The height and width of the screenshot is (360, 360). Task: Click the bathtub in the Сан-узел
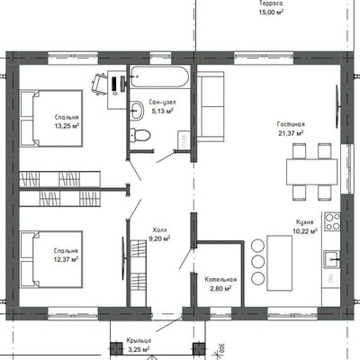click(160, 76)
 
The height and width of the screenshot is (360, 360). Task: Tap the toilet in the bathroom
click(139, 135)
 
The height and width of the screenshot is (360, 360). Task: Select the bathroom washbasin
click(137, 110)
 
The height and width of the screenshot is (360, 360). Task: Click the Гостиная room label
click(291, 124)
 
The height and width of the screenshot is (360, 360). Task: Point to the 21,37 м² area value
click(291, 133)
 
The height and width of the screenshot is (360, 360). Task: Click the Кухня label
click(305, 222)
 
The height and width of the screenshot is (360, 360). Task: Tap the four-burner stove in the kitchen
click(332, 221)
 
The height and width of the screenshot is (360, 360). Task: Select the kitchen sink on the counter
click(332, 259)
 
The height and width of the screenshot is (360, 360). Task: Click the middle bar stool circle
click(257, 262)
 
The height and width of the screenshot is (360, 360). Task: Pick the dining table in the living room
click(312, 172)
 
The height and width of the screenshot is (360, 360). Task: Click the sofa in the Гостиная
click(211, 106)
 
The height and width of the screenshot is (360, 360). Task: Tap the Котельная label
click(220, 280)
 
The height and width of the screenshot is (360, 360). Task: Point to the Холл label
click(160, 230)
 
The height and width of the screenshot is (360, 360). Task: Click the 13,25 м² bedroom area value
click(67, 126)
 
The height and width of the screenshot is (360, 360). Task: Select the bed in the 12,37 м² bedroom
click(51, 259)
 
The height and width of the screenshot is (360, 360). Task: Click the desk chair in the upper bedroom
click(99, 84)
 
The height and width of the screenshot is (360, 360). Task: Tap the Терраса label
click(271, 4)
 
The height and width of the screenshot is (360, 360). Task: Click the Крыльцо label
click(139, 341)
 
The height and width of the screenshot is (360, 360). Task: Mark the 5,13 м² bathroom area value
click(163, 112)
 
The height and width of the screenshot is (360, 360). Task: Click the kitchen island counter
click(280, 263)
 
